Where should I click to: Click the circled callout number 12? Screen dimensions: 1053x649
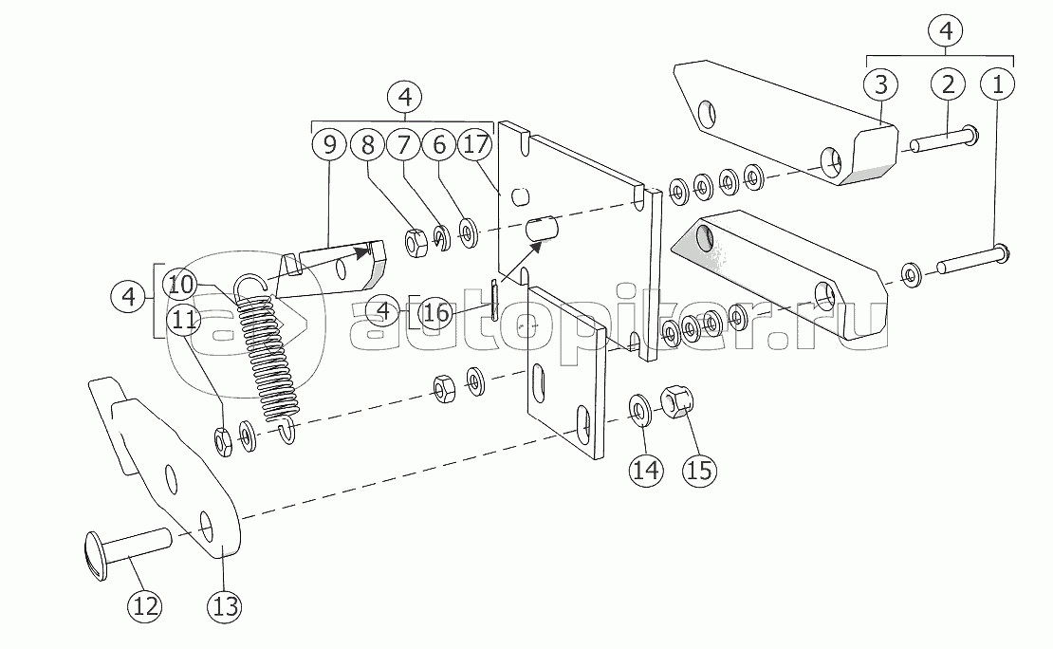click(x=145, y=606)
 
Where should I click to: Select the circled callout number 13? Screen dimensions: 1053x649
click(x=225, y=606)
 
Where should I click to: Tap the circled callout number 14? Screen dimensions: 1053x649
click(x=646, y=470)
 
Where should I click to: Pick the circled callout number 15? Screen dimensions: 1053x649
click(x=699, y=470)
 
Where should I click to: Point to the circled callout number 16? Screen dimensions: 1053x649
click(x=435, y=312)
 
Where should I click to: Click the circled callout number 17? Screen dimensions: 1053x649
click(x=475, y=144)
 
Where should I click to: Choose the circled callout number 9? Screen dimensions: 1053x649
click(x=330, y=144)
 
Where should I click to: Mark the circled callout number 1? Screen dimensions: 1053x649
click(x=998, y=84)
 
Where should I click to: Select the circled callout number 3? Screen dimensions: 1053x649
click(x=881, y=84)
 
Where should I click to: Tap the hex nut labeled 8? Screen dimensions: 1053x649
click(x=416, y=242)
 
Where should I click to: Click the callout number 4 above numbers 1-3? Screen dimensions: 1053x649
click(x=946, y=30)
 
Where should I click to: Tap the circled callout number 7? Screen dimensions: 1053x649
click(x=403, y=144)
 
